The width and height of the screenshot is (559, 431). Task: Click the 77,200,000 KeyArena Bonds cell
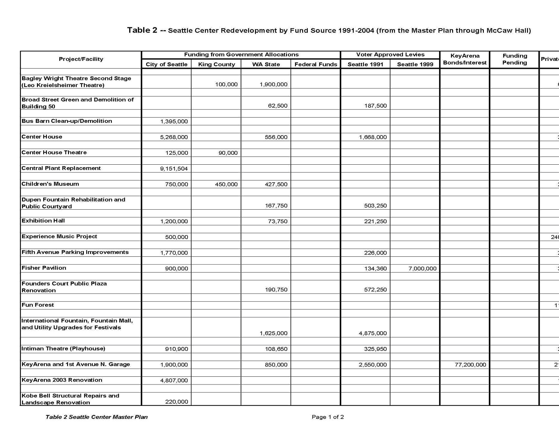pyautogui.click(x=470, y=365)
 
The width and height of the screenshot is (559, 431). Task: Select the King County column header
pyautogui.click(x=216, y=64)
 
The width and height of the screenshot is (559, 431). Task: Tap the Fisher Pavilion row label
pyautogui.click(x=44, y=268)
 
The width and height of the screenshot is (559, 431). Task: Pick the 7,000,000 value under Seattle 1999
pyautogui.click(x=422, y=269)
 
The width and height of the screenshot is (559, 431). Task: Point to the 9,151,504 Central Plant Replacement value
pyautogui.click(x=174, y=169)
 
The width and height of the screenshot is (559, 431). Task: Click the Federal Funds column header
pyautogui.click(x=316, y=64)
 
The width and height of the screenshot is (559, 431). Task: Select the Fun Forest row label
pyautogui.click(x=38, y=305)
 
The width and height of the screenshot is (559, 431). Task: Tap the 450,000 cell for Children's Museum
pyautogui.click(x=226, y=184)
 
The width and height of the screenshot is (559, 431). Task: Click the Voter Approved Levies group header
pyautogui.click(x=390, y=55)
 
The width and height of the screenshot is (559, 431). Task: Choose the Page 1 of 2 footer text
pyautogui.click(x=328, y=417)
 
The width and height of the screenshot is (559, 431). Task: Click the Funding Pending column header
pyautogui.click(x=515, y=59)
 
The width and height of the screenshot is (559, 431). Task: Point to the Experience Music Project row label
pyautogui.click(x=59, y=237)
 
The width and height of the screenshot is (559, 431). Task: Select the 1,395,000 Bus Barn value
pyautogui.click(x=174, y=121)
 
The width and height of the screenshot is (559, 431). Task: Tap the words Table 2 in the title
pyautogui.click(x=142, y=30)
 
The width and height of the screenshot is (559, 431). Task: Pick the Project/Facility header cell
pyautogui.click(x=81, y=59)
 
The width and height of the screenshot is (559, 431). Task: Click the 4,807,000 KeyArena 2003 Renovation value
pyautogui.click(x=174, y=380)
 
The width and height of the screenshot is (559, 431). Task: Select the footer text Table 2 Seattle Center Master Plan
pyautogui.click(x=96, y=417)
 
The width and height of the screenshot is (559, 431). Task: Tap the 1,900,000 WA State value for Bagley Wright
pyautogui.click(x=273, y=84)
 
